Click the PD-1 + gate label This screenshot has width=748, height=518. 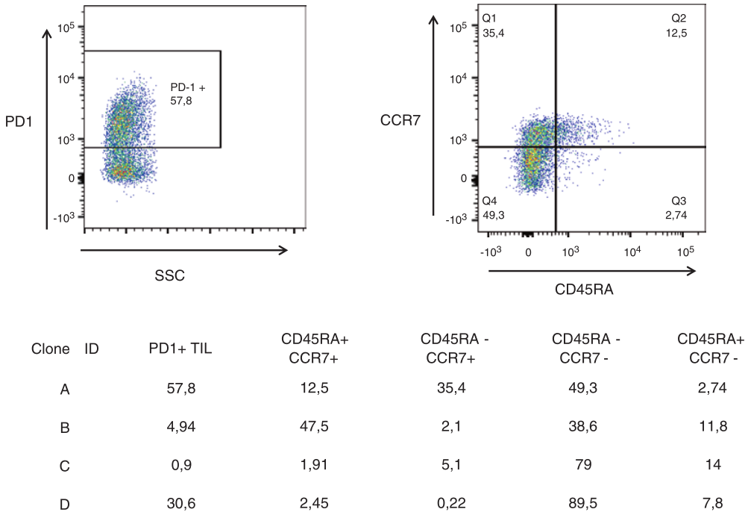(187, 88)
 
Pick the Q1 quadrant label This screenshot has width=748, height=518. (489, 17)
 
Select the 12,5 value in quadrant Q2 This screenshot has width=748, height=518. (676, 32)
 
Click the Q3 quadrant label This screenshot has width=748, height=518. (678, 201)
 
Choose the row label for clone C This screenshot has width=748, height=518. (64, 465)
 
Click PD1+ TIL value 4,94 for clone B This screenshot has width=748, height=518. (181, 426)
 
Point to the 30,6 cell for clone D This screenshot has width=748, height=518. (181, 504)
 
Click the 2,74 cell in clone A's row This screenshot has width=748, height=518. (708, 387)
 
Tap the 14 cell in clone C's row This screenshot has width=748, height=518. (708, 465)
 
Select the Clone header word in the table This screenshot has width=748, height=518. (50, 349)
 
